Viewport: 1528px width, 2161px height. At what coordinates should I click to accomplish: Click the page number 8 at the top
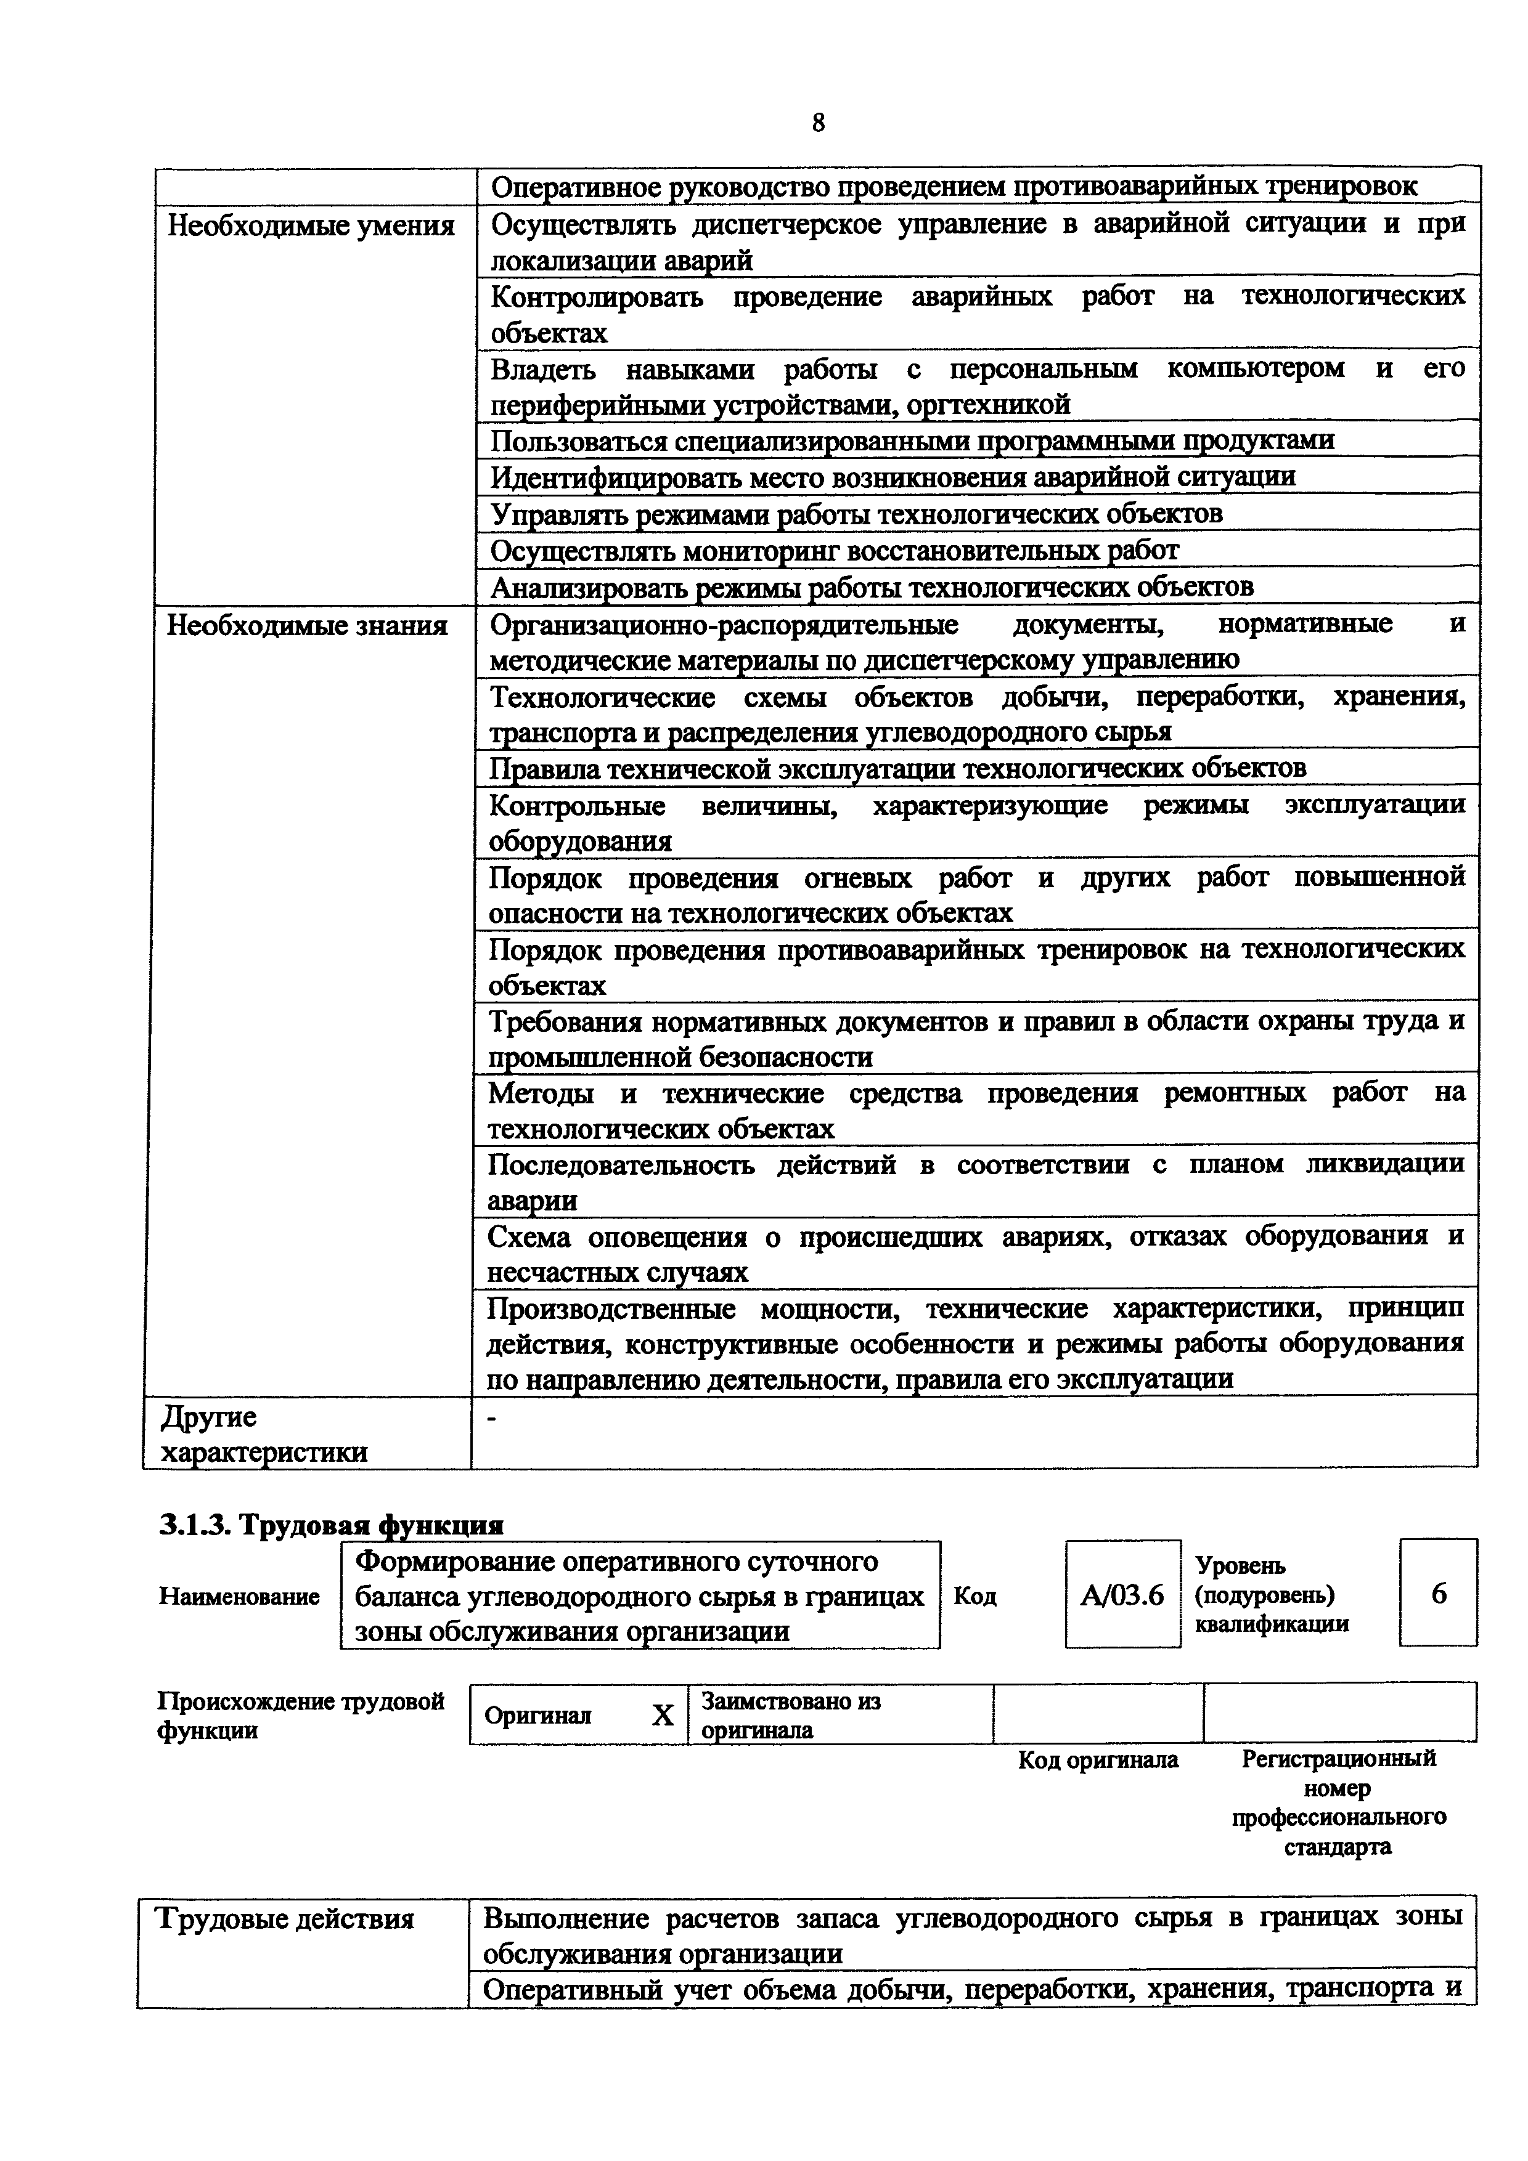[x=817, y=123]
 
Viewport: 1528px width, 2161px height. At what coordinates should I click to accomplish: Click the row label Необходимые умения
[x=311, y=227]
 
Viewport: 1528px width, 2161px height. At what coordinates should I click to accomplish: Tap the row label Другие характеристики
[x=264, y=1434]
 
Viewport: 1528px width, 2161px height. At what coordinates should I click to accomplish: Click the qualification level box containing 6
[x=1437, y=1594]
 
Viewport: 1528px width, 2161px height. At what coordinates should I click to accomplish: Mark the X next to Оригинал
[x=663, y=1716]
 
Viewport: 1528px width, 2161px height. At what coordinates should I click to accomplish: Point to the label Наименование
[x=239, y=1597]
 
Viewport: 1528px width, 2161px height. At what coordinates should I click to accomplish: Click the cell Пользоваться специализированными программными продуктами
[x=912, y=440]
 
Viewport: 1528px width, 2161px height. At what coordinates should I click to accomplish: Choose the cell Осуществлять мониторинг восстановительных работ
[x=834, y=551]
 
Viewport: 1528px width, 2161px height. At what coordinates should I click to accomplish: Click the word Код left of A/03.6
[x=974, y=1596]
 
